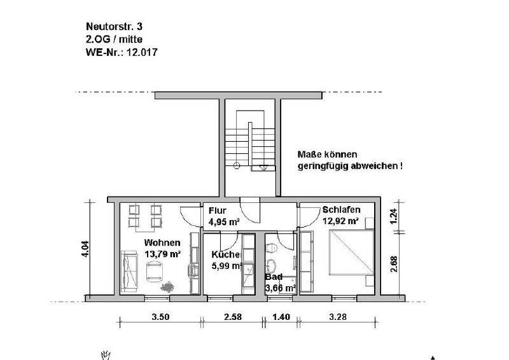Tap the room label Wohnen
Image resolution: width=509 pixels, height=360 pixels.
(x=162, y=242)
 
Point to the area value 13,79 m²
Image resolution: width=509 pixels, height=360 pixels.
(x=163, y=254)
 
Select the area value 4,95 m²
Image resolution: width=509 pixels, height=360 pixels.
(x=223, y=222)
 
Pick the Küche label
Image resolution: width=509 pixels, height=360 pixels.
(x=225, y=254)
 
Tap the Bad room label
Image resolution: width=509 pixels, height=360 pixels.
(x=274, y=277)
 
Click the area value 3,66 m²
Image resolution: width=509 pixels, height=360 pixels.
(x=280, y=288)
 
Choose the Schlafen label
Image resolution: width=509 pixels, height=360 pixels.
(x=342, y=210)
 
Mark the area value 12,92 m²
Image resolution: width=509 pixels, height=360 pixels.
(x=341, y=221)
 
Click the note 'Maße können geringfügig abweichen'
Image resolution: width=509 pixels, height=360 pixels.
(x=350, y=160)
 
